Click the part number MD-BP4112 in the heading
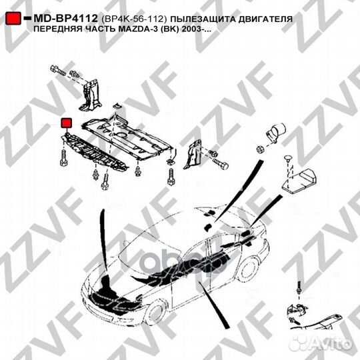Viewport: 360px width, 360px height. pyautogui.click(x=65, y=19)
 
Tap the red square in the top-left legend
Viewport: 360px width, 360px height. pyautogui.click(x=13, y=19)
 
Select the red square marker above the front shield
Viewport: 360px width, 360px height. pyautogui.click(x=66, y=123)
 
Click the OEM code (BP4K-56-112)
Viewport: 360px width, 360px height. pyautogui.click(x=133, y=19)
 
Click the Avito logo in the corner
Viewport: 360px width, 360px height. pyautogui.click(x=321, y=344)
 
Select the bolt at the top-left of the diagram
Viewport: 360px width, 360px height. pyautogui.click(x=57, y=70)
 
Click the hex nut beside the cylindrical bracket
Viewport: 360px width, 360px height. pyautogui.click(x=260, y=149)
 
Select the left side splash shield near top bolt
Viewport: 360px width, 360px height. pyautogui.click(x=90, y=95)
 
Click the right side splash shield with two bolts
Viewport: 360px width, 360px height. pyautogui.click(x=193, y=154)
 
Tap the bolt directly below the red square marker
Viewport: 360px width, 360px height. pyautogui.click(x=63, y=158)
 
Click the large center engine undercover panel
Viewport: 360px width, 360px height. pyautogui.click(x=127, y=137)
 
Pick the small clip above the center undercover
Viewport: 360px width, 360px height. pyautogui.click(x=118, y=106)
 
